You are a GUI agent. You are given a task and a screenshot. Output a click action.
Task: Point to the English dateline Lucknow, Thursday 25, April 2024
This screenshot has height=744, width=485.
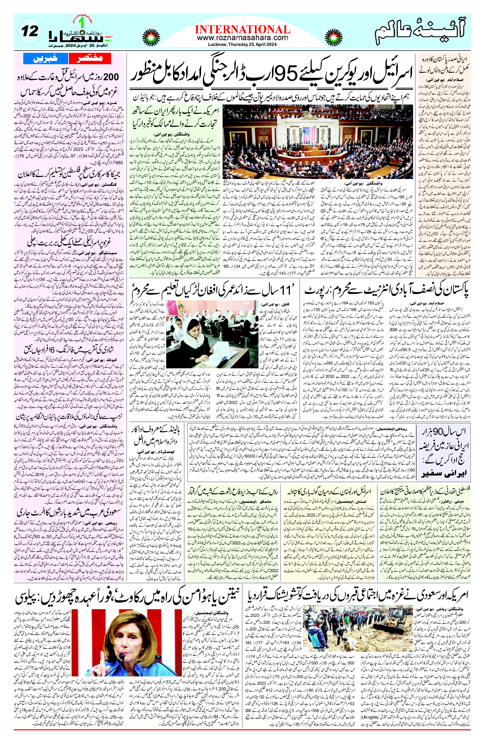(x=242, y=44)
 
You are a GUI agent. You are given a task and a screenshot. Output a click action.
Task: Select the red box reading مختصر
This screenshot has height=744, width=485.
(x=85, y=58)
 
